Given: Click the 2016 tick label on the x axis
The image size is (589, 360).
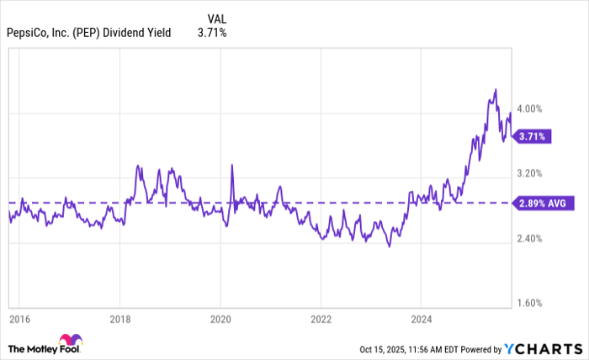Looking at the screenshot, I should pyautogui.click(x=19, y=319).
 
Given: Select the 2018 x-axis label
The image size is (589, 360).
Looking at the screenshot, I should pyautogui.click(x=119, y=319).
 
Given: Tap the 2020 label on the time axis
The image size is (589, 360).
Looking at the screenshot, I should pyautogui.click(x=220, y=319).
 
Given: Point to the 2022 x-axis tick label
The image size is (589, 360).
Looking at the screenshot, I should pyautogui.click(x=321, y=319).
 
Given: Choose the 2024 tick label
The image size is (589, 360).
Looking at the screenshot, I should pyautogui.click(x=422, y=319).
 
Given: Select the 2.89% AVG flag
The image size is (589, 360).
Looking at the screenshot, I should pyautogui.click(x=543, y=203).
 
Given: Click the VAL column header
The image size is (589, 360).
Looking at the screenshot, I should pyautogui.click(x=217, y=17).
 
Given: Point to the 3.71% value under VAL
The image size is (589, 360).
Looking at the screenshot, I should pyautogui.click(x=212, y=33).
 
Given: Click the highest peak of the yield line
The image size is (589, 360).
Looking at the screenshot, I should pyautogui.click(x=496, y=89).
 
